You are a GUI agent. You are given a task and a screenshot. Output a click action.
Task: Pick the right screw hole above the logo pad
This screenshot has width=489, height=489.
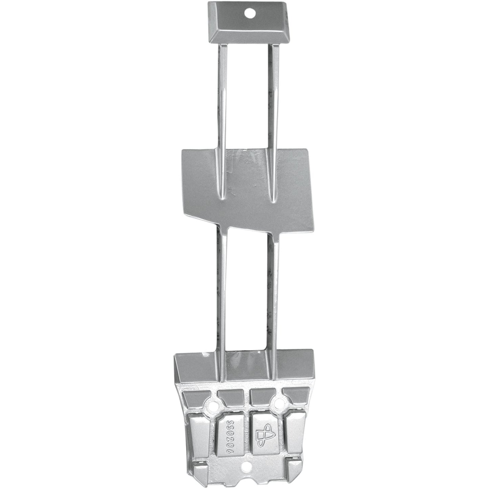(278, 402)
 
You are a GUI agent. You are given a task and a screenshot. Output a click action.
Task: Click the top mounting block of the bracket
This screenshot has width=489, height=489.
(249, 23)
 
